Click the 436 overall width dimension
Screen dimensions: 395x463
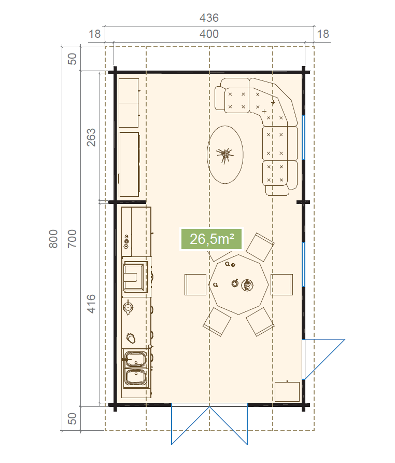209,18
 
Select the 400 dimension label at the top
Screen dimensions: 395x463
209,34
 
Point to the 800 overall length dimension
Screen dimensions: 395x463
53,239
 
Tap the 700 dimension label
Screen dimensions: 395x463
72,239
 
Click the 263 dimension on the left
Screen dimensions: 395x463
91,138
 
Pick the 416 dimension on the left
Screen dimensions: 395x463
91,304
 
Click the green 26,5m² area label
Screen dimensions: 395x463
211,239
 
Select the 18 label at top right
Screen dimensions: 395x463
323,34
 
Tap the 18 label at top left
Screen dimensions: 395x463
95,34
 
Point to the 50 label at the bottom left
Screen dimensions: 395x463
72,418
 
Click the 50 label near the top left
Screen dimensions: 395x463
72,59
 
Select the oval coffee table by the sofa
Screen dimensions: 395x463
225,155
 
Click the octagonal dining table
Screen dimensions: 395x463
238,284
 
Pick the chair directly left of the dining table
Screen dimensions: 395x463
195,284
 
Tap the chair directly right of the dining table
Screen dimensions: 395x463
281,284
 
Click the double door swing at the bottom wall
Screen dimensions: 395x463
209,424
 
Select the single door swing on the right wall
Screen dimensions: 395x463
323,359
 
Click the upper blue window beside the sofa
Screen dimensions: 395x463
304,138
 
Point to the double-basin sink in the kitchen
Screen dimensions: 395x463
135,368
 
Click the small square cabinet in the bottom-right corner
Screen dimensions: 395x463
287,391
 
